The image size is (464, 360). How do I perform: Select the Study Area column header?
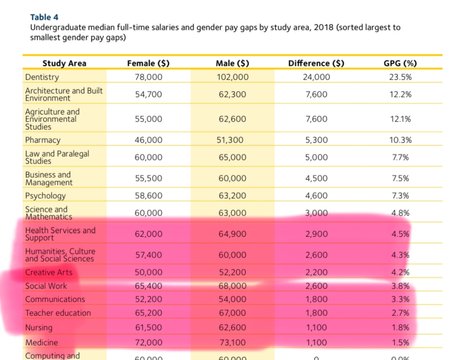(64, 63)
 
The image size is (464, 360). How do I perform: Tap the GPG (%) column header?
(400, 63)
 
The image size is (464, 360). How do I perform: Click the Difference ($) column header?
(316, 63)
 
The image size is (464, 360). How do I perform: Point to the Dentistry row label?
(42, 77)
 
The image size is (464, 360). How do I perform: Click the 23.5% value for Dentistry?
(400, 77)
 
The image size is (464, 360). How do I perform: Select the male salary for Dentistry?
(233, 77)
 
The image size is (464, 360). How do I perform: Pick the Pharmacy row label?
(43, 140)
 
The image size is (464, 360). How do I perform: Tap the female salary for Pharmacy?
(148, 140)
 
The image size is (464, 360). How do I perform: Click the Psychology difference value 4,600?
(316, 196)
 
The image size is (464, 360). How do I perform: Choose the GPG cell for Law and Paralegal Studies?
(400, 157)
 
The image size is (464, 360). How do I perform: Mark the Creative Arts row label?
(49, 272)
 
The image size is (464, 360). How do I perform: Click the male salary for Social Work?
(233, 286)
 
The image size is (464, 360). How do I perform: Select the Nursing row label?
(39, 327)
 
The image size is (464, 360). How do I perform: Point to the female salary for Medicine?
(148, 343)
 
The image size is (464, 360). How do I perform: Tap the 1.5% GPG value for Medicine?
(400, 343)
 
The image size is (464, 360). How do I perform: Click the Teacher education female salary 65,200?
(148, 313)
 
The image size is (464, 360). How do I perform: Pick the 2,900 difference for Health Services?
(316, 234)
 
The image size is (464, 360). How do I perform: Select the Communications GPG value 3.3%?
(400, 299)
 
